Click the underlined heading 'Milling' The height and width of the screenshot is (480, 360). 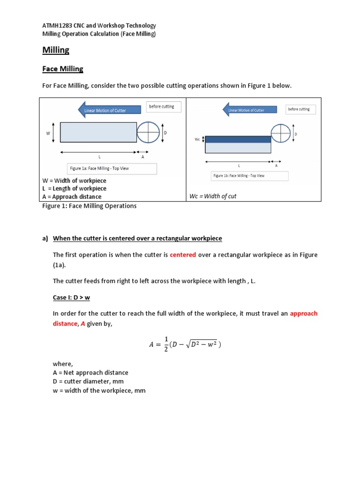coord(56,50)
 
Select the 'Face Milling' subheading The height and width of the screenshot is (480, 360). coord(63,69)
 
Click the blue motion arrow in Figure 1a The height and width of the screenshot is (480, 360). coord(109,110)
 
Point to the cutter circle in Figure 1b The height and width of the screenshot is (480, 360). coord(281,133)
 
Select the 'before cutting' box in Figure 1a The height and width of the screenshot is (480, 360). coord(161,107)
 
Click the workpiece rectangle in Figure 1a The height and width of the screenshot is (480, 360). coord(98,132)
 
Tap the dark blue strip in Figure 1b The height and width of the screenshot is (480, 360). coord(238,139)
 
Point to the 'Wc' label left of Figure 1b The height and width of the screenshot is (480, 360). coord(197,139)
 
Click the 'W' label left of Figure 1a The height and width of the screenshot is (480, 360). coord(48,133)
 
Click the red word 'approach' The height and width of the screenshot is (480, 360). coord(303,313)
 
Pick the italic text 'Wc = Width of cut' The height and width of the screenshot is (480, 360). coord(213,196)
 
